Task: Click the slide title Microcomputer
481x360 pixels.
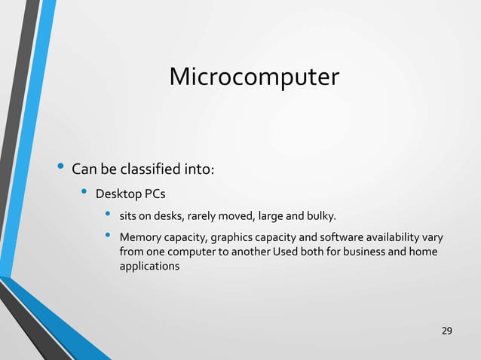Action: (x=254, y=77)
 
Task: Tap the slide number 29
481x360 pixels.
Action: (x=447, y=331)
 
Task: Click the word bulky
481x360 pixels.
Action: (x=320, y=218)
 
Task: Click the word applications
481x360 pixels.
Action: (x=149, y=267)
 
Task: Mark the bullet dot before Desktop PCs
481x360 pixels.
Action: (x=85, y=194)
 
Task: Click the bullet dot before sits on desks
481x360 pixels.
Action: (x=109, y=217)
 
